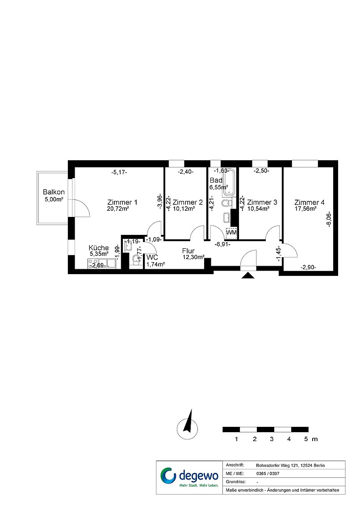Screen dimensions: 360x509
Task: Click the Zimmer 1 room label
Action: pos(122,202)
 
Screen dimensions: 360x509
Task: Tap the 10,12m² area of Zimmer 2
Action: pos(184,209)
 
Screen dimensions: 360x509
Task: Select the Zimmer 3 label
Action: pos(262,202)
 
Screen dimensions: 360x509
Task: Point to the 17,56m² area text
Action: pos(306,209)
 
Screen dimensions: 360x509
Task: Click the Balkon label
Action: pos(54,192)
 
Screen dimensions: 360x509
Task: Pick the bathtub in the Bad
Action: pos(229,183)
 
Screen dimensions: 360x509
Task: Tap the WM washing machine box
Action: pos(231,233)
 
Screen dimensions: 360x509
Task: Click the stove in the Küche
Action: pos(93,264)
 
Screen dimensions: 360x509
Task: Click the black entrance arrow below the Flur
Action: pos(249,275)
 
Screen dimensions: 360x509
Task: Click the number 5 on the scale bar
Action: pos(306,439)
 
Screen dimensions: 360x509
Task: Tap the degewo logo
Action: pos(189,477)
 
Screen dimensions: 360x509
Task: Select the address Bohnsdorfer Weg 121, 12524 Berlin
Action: pos(290,466)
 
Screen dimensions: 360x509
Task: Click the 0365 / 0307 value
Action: pos(268,474)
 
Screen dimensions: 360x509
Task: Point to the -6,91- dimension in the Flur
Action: pos(223,244)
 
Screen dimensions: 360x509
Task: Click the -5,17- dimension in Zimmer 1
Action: pos(119,172)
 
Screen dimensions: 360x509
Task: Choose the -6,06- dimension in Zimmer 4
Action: pos(329,219)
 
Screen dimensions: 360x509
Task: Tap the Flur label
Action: pos(188,251)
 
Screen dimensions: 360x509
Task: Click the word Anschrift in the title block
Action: pos(234,465)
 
